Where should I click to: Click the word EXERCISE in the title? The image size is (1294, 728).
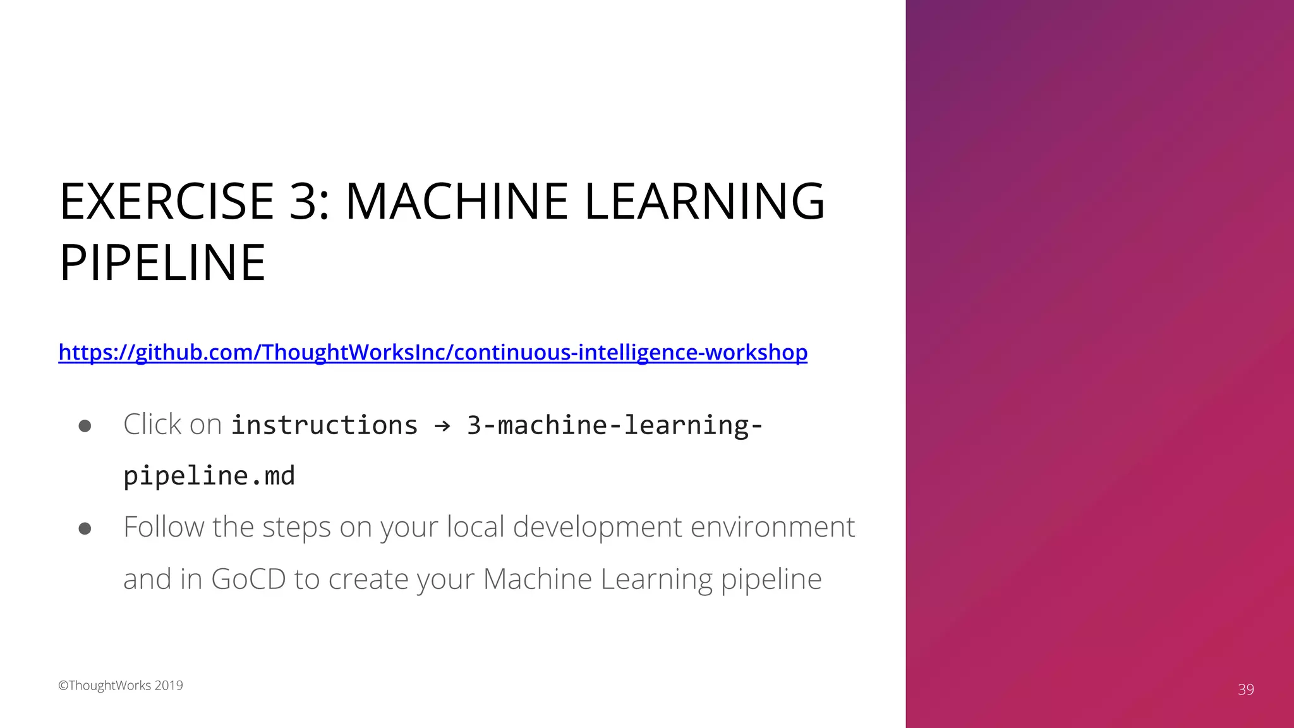pos(166,202)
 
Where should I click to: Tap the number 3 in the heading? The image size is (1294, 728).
pos(303,202)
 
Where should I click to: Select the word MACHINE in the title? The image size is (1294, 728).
pos(457,202)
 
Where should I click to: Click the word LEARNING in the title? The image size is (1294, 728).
pos(704,202)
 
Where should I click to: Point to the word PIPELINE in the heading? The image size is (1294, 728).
pos(162,263)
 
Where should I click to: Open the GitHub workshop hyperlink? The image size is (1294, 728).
pos(433,352)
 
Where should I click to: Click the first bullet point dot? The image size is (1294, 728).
pos(85,426)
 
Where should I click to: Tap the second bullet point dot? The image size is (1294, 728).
pos(85,528)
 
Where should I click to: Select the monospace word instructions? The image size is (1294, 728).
pos(324,425)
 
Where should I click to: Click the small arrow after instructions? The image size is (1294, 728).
pos(442,426)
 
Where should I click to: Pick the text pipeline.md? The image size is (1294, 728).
pos(209,476)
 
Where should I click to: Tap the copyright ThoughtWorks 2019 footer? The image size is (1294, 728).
pos(121,686)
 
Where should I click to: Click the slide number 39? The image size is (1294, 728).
pos(1245,689)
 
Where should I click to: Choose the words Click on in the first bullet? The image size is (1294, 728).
pos(172,425)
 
